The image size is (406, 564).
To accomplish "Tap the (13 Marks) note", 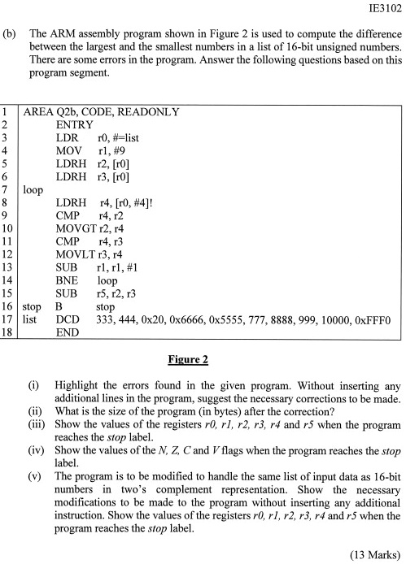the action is pos(373,554).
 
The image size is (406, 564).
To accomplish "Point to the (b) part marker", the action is pos(11,36).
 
